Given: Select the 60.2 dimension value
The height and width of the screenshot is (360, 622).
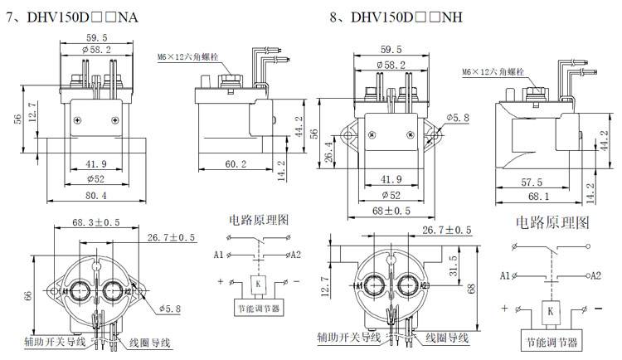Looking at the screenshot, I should pos(236,164).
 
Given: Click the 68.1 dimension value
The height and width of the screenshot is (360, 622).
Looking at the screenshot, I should pos(537,197).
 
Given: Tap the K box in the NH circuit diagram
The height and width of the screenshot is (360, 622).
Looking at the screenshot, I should pos(552,311).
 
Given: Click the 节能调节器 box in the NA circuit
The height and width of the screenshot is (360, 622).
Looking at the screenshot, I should pos(259,309).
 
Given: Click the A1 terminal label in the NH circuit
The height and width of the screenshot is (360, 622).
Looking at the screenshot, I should pos(505,275).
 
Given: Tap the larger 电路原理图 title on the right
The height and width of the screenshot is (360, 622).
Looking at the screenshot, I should pos(552,223).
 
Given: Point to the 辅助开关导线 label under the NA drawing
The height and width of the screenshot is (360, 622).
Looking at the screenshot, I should pos(51,341).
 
